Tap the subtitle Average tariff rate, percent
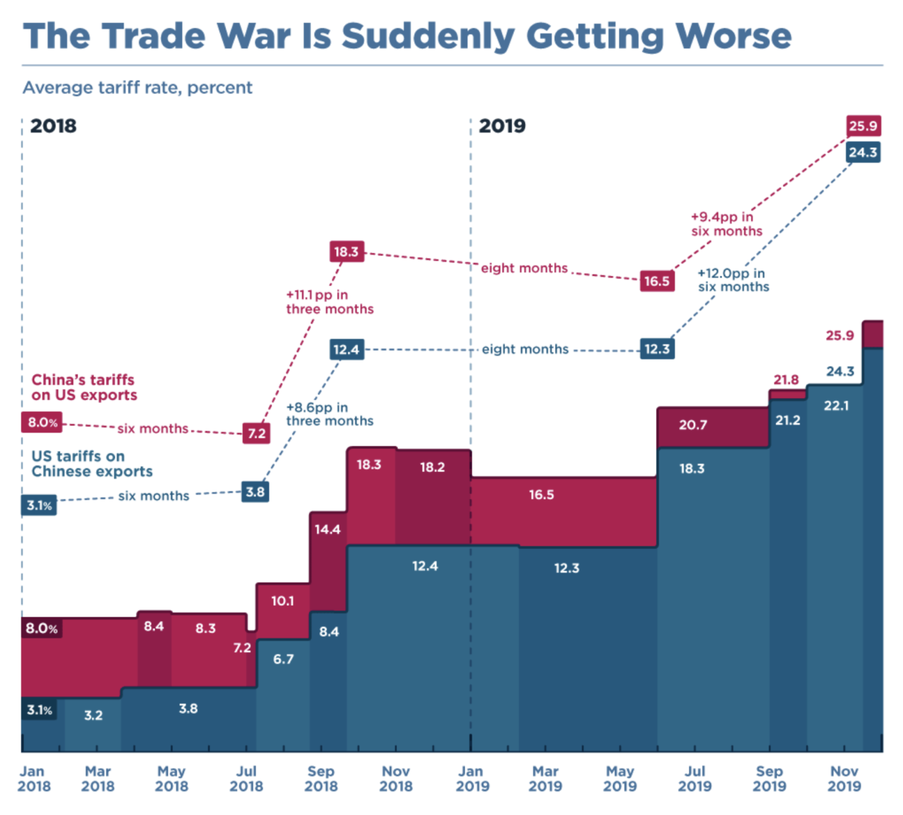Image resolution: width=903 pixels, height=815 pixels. [137, 88]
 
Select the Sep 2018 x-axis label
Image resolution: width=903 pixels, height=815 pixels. [320, 778]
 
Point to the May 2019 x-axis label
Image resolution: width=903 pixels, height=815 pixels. [619, 778]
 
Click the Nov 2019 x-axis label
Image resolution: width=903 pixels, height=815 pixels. [844, 778]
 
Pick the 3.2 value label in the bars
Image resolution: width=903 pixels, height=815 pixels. [93, 715]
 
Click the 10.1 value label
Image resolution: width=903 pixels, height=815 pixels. [282, 601]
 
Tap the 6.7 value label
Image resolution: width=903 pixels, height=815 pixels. [283, 659]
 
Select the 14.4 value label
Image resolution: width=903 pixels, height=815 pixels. [327, 529]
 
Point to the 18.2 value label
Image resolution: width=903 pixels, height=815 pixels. [432, 467]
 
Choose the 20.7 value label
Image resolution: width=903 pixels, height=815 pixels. [693, 425]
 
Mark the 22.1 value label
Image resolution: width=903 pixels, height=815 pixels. [836, 405]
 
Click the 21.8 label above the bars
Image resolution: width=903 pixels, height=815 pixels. [786, 380]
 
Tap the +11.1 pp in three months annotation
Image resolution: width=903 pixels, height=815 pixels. [329, 302]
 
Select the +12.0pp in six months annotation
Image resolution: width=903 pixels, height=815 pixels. [733, 280]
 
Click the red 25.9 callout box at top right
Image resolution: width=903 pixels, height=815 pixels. [863, 126]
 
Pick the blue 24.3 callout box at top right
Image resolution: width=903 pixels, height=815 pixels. [863, 152]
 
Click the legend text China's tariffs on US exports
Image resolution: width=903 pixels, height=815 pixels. [84, 387]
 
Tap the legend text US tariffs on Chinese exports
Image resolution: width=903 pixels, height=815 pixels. [92, 464]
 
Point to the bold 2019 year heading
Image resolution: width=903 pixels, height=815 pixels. [502, 126]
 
